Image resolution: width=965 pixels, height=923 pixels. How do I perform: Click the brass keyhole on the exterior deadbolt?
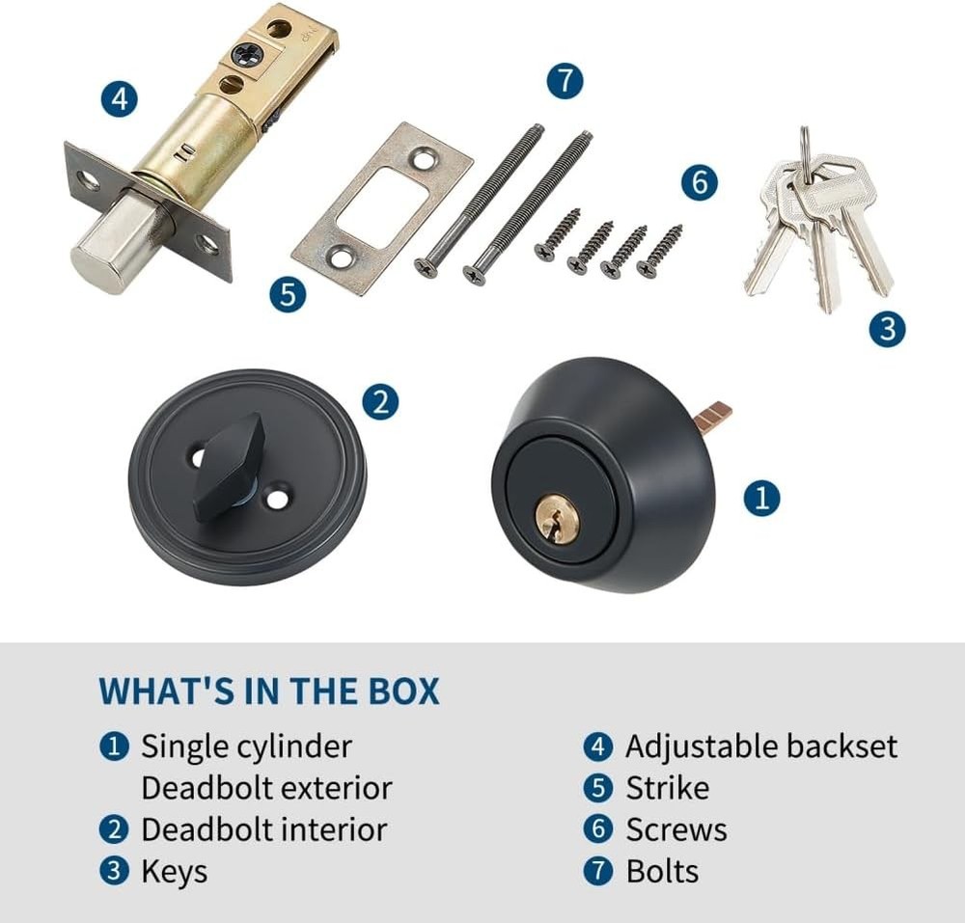tap(557, 520)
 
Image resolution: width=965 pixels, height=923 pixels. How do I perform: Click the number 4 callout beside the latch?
tap(118, 98)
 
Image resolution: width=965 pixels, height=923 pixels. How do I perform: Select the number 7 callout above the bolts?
tap(565, 80)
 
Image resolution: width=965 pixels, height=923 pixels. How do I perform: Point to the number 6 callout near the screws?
tap(700, 182)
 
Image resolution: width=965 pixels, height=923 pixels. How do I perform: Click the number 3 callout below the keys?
tap(887, 330)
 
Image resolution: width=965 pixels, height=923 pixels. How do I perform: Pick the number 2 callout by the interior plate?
tap(380, 401)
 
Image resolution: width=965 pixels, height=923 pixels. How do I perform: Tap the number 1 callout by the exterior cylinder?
tap(761, 499)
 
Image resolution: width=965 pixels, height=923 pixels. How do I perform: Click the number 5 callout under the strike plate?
tap(287, 293)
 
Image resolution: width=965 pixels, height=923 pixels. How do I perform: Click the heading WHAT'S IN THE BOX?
tap(268, 692)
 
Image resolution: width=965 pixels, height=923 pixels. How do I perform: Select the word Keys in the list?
tap(174, 871)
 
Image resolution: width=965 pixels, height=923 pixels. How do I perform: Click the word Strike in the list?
tap(667, 788)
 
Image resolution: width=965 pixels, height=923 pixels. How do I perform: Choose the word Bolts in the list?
tap(662, 871)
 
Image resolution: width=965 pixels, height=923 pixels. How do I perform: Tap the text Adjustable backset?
tap(760, 747)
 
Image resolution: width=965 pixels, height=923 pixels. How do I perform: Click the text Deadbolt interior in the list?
tap(263, 829)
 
